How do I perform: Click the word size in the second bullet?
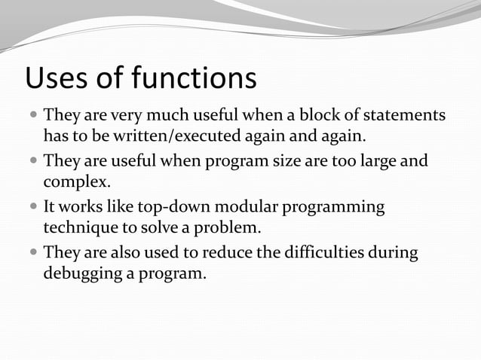311,160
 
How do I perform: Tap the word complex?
78,182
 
